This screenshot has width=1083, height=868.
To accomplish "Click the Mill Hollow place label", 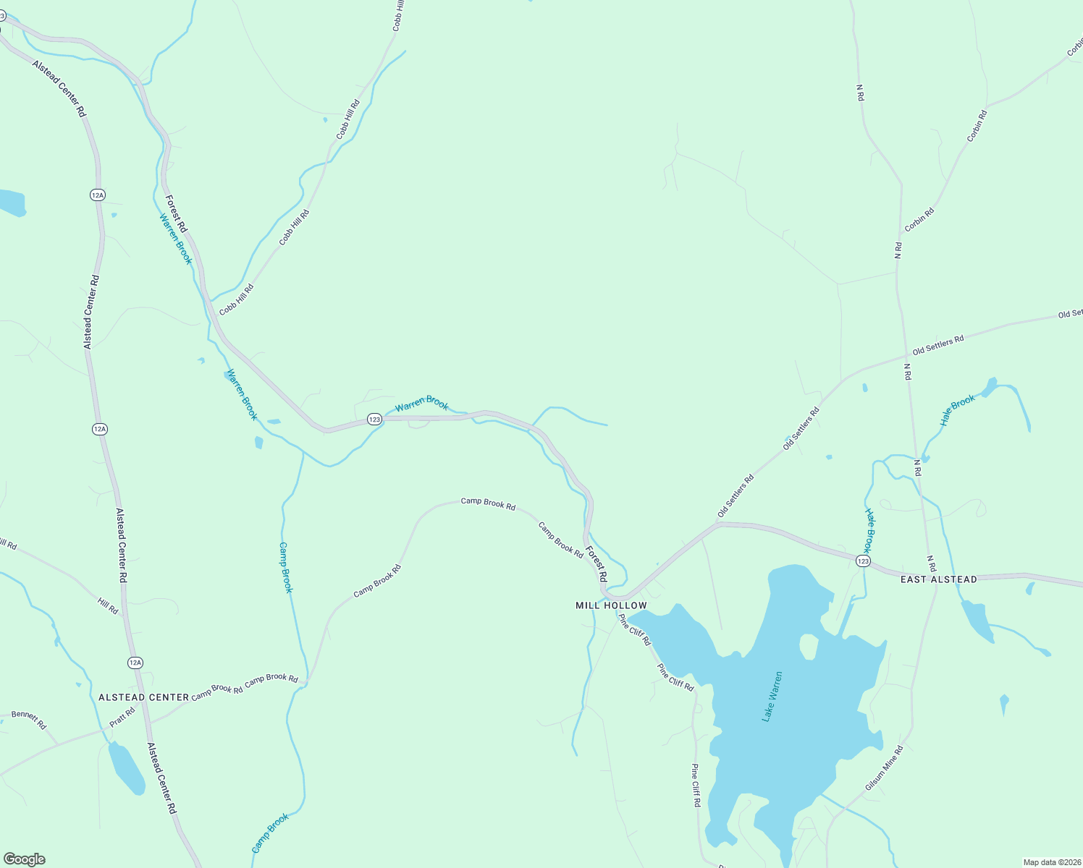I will [x=611, y=605].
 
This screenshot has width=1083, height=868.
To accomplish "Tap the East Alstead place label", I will [x=938, y=579].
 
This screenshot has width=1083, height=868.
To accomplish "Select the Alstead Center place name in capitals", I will [x=143, y=697].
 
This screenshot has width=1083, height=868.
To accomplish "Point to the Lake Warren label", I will [x=772, y=697].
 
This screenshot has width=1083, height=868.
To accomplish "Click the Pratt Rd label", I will [x=122, y=718].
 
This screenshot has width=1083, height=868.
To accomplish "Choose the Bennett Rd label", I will [x=29, y=720].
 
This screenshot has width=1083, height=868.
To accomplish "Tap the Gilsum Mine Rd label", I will [x=884, y=768].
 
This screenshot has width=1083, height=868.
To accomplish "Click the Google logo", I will [x=25, y=859].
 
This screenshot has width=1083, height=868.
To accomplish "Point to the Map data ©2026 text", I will [x=1050, y=862].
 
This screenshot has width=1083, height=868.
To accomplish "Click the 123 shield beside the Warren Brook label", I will [x=374, y=420].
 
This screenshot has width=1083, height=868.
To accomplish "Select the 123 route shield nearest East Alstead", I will [x=862, y=561].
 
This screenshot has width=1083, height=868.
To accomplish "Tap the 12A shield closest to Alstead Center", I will [x=135, y=663].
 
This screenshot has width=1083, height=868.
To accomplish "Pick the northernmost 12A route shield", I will [x=98, y=195].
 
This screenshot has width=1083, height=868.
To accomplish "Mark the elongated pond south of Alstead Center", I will [x=125, y=767].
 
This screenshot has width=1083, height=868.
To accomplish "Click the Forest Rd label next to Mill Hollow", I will [x=597, y=563].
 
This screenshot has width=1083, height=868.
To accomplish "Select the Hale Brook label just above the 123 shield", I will [x=870, y=529].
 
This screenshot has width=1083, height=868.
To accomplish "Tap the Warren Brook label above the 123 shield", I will [x=421, y=403].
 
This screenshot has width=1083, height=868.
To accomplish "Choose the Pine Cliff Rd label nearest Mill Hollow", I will [x=635, y=631].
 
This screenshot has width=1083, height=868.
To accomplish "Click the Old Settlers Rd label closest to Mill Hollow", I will [x=736, y=495].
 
